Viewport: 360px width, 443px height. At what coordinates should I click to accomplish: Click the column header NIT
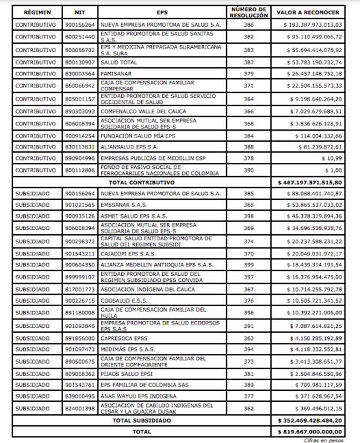pos(79,12)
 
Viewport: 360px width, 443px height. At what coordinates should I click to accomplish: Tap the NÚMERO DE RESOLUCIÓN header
pos(249,12)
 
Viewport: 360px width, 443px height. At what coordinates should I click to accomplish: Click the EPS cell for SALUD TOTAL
pos(116,62)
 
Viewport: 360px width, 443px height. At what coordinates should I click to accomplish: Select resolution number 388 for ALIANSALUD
pos(249,147)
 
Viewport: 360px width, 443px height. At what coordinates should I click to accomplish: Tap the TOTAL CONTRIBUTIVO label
pos(150,182)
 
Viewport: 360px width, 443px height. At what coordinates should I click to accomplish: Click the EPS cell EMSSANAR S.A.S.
pos(120,204)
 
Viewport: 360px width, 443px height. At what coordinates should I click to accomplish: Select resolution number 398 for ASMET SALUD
pos(249,215)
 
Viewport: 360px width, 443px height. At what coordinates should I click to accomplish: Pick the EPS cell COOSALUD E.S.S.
pos(120,301)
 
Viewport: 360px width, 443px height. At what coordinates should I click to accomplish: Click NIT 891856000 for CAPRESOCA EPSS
pos(79,337)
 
